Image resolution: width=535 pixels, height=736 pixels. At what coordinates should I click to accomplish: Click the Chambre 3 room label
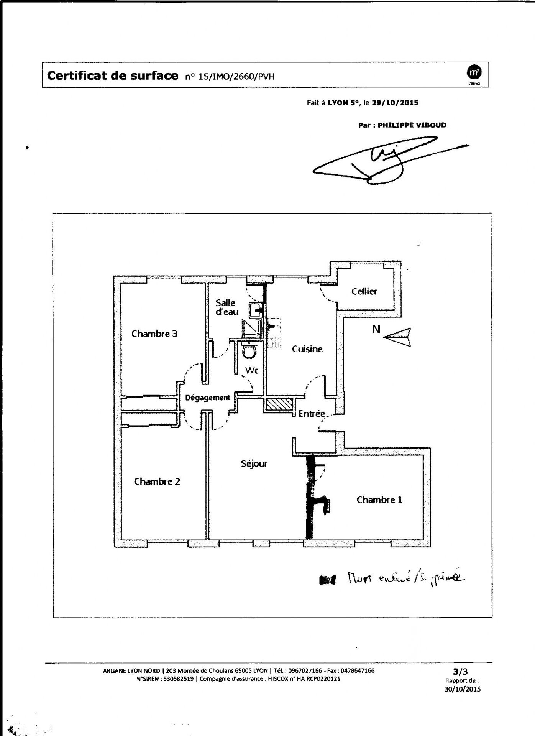[154, 333]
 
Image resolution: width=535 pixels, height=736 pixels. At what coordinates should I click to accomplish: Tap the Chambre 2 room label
[157, 481]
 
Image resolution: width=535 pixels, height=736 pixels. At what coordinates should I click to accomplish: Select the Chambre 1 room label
[379, 500]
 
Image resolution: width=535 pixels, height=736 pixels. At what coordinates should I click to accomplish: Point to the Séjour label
[254, 464]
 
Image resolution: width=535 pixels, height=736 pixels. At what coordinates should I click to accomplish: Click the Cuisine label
[307, 349]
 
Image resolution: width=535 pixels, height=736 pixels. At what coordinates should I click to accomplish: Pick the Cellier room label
[364, 291]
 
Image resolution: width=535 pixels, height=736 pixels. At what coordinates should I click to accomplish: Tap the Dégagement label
[207, 398]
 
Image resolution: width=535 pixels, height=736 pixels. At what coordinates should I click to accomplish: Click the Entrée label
[312, 414]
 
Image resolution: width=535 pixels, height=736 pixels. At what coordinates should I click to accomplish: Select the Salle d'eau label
[226, 307]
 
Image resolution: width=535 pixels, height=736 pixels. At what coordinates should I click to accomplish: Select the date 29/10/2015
[395, 103]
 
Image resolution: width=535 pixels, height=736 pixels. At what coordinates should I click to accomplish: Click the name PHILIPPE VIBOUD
[412, 125]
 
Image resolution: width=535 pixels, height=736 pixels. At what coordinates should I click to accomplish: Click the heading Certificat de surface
[112, 76]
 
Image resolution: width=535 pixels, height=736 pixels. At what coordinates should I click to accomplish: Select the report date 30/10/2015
[463, 689]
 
